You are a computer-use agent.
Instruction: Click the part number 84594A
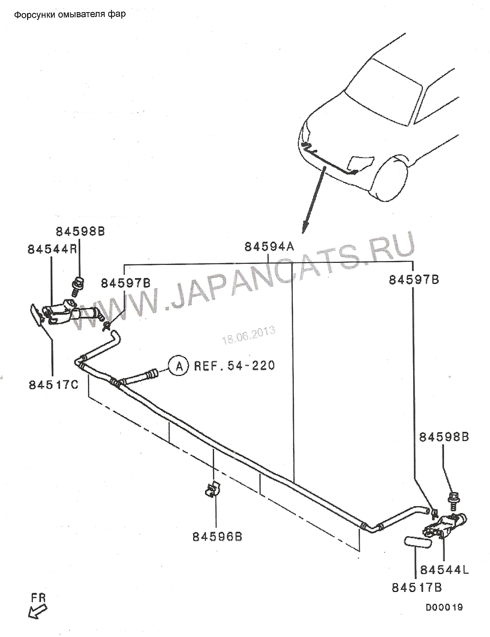[269, 247]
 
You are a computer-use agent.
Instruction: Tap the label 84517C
[53, 385]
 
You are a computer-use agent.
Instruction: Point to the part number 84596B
[217, 537]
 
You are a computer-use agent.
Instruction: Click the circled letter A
[178, 366]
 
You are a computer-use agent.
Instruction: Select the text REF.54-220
[235, 365]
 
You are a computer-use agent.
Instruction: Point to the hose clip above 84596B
[213, 490]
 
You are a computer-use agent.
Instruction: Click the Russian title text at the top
[70, 15]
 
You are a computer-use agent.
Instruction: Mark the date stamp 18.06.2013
[249, 335]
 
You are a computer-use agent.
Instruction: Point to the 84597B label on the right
[414, 280]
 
